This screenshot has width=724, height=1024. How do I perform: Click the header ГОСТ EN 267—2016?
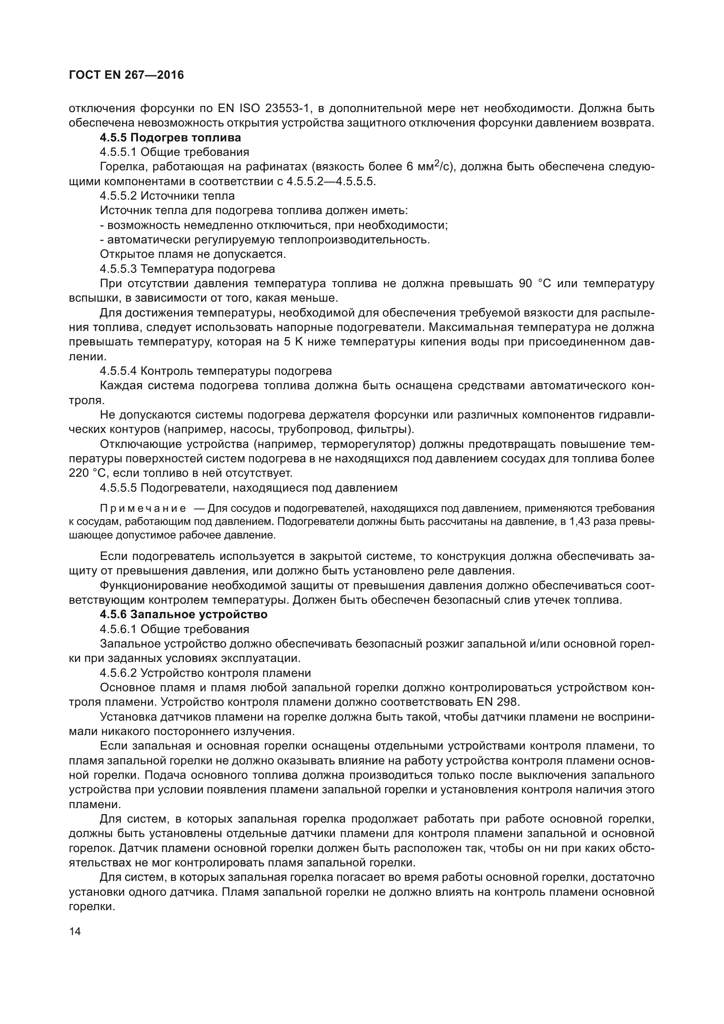[x=126, y=75]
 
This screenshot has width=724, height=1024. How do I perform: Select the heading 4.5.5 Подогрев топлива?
[x=170, y=137]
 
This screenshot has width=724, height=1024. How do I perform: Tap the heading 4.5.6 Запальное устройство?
[x=183, y=614]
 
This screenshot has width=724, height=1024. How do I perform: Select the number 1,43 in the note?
[x=578, y=521]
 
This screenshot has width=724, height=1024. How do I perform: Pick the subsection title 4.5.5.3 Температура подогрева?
[x=187, y=269]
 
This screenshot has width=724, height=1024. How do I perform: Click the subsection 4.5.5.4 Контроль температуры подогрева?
[x=216, y=371]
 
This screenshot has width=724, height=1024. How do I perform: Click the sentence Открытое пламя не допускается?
[x=193, y=254]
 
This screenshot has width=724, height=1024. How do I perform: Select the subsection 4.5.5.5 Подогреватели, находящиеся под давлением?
[x=248, y=487]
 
